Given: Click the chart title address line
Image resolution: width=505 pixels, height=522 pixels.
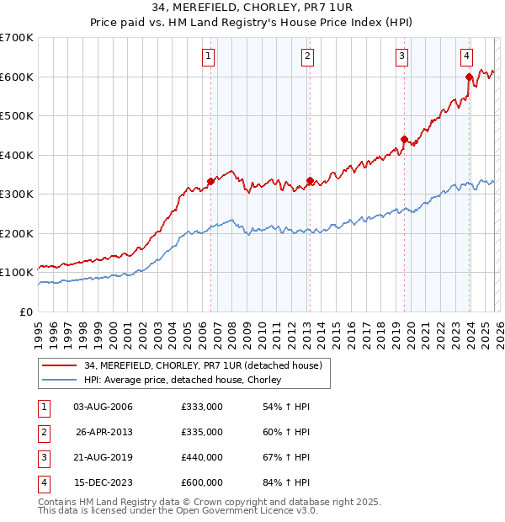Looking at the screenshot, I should point(252,9).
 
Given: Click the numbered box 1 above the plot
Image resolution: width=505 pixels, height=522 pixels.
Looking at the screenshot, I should point(208,56).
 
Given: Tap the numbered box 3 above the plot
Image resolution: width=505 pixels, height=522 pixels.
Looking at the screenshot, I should point(402,56).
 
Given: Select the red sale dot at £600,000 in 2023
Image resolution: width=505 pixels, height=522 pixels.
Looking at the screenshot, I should point(469,77).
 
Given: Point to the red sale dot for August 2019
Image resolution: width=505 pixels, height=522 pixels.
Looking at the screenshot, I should point(404,139).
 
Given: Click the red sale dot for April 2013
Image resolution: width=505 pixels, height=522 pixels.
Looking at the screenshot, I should point(310,180).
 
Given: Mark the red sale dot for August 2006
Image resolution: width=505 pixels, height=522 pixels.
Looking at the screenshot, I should point(210,181).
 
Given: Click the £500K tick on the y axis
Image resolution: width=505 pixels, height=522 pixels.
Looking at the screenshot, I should point(17,116).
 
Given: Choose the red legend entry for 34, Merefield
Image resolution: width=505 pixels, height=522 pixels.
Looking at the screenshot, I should point(203,365).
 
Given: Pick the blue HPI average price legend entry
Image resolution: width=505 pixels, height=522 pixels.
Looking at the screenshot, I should point(186,381).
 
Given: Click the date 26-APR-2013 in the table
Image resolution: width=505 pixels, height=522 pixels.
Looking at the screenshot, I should point(104,432).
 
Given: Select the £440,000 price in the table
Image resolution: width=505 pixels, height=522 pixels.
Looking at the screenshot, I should point(201,457).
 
